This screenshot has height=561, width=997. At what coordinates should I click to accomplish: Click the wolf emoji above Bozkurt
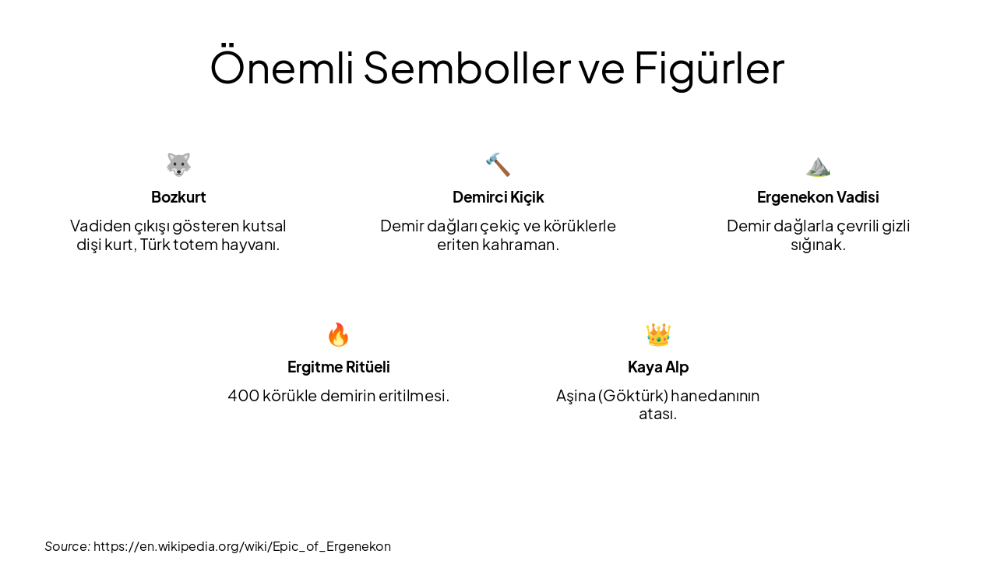coord(178,164)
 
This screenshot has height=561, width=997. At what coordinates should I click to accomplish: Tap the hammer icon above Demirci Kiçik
coord(498,164)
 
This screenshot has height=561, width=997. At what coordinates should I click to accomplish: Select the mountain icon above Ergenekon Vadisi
coord(818,165)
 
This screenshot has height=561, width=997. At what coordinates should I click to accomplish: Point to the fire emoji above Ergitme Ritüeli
coord(338,334)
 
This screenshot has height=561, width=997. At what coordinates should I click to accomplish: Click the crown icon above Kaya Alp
coord(658,334)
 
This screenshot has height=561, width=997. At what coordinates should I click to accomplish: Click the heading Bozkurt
coord(178,197)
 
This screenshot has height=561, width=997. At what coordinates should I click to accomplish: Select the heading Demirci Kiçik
coord(498,197)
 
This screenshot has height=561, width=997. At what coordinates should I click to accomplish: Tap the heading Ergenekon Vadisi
coord(818,197)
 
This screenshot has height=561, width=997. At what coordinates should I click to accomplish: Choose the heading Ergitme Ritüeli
coord(338,367)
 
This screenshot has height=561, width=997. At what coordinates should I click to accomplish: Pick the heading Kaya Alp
coord(658,367)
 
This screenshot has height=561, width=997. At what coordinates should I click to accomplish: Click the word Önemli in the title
coord(281,67)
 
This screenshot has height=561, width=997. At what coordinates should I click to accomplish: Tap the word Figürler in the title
coord(709,67)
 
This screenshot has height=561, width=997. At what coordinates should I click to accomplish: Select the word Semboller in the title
coord(467,67)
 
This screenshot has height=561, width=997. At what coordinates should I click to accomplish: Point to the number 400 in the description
coord(243,396)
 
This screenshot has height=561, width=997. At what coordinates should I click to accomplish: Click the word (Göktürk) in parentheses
coord(633,396)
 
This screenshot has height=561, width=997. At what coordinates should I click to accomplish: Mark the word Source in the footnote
coord(66,546)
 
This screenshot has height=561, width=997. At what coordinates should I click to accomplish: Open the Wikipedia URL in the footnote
coord(242,546)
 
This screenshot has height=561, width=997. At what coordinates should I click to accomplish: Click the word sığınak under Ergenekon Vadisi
coord(817,245)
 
